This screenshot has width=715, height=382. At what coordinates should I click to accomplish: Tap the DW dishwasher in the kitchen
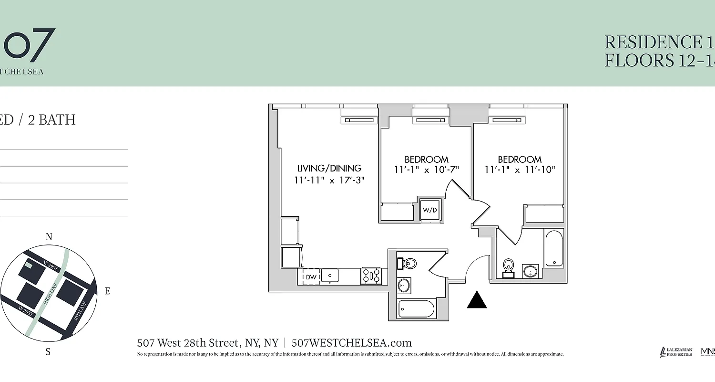[x=311, y=277]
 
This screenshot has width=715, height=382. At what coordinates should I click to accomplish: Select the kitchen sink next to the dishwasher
[x=330, y=276]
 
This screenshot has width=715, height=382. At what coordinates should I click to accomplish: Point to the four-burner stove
[x=371, y=276]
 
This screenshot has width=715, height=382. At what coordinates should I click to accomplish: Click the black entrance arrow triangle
[x=477, y=300]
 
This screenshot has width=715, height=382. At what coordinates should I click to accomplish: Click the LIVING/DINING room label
[x=329, y=168]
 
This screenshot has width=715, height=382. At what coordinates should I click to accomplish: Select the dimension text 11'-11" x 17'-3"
[x=329, y=180]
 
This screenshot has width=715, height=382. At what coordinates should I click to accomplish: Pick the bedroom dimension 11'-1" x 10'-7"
[x=426, y=170]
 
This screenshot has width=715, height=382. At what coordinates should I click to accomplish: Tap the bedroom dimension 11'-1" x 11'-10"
[x=520, y=170]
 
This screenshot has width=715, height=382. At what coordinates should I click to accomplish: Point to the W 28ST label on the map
[x=26, y=311]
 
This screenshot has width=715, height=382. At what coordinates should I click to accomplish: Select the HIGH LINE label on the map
[x=50, y=294]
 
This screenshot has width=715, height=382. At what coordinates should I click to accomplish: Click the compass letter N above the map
[x=49, y=237]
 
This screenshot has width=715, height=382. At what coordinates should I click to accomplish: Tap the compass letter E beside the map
[x=107, y=291]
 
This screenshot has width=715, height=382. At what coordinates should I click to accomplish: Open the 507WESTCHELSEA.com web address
[x=351, y=343]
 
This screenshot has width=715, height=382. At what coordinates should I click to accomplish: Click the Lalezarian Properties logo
[x=676, y=352]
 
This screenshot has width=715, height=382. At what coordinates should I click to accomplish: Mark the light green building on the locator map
[x=29, y=265]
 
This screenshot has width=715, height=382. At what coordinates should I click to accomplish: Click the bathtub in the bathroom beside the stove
[x=416, y=309]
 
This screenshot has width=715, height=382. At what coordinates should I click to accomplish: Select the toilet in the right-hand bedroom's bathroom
[x=509, y=266]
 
